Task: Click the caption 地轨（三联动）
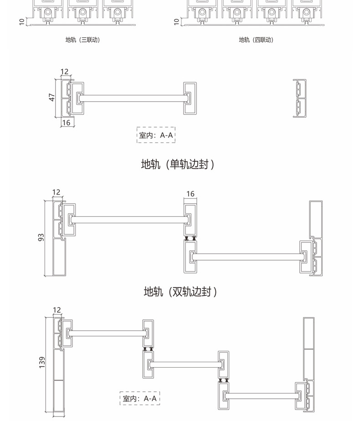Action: (82, 40)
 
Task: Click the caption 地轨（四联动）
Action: (256, 40)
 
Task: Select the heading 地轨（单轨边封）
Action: (178, 164)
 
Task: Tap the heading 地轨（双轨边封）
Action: (180, 292)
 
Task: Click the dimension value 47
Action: (52, 98)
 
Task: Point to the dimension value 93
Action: (41, 237)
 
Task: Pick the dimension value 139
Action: (42, 362)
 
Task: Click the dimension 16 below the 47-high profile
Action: (66, 123)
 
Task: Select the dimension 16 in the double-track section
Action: (190, 194)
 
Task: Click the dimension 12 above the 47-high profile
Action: (64, 72)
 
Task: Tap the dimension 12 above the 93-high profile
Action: (56, 192)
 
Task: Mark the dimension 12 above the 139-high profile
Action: (57, 310)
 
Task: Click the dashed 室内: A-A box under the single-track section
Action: (156, 135)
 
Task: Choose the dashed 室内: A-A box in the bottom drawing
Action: (140, 399)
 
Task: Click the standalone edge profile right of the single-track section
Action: (299, 98)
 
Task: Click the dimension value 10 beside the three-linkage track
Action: (22, 21)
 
